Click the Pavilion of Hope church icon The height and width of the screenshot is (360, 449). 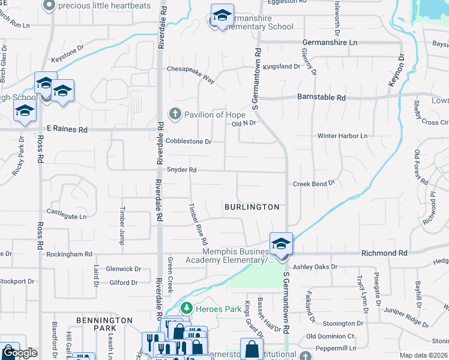[175, 114]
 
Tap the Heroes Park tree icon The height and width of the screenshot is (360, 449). [186, 308]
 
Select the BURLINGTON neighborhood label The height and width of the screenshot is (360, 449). [252, 207]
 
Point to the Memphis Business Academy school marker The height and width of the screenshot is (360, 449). [280, 244]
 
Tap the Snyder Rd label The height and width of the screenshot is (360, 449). [182, 170]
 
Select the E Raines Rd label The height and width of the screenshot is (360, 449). [67, 129]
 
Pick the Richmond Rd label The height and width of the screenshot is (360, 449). [384, 254]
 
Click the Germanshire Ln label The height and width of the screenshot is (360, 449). [329, 43]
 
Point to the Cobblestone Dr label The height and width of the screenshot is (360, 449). [189, 142]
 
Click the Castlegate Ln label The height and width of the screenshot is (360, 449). [67, 212]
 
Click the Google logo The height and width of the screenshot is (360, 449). [19, 352]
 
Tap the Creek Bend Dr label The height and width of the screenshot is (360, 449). [313, 184]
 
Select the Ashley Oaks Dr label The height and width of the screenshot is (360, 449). [315, 266]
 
